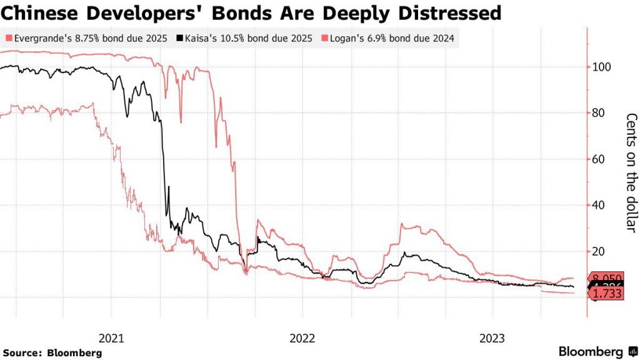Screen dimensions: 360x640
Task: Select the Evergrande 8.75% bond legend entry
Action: (x=87, y=39)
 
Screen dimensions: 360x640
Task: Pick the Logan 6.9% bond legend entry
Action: (x=392, y=39)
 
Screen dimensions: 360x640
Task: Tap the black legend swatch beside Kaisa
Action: (x=180, y=39)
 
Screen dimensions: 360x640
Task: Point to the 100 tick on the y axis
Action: (x=602, y=67)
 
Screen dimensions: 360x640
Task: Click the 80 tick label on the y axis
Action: (x=599, y=113)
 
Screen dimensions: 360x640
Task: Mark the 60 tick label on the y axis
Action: (x=599, y=159)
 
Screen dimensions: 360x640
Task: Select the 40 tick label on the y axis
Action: (x=599, y=206)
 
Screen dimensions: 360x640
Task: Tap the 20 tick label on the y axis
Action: (x=599, y=251)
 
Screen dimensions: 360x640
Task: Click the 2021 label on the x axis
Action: (x=112, y=338)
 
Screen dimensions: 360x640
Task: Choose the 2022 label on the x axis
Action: (x=302, y=338)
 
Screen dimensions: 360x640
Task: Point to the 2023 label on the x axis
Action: (x=492, y=338)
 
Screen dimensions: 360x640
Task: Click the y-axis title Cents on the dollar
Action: (x=631, y=172)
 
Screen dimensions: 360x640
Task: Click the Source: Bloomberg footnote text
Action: (x=52, y=352)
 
